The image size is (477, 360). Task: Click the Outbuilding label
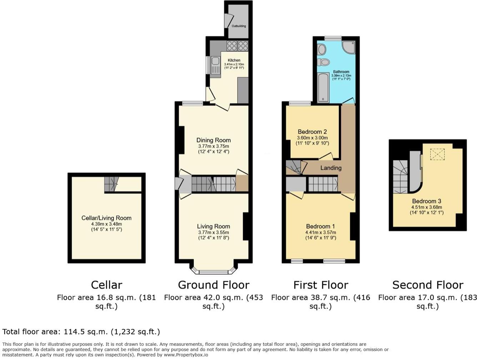pyautogui.click(x=239, y=26)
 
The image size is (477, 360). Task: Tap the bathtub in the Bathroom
pyautogui.click(x=323, y=87)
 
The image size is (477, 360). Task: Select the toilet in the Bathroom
pyautogui.click(x=324, y=62)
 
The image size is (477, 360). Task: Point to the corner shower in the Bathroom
pyautogui.click(x=348, y=47)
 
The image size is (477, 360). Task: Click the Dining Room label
pyautogui.click(x=214, y=140)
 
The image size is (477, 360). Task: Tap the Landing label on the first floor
pyautogui.click(x=331, y=168)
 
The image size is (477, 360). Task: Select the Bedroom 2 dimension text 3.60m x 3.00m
pyautogui.click(x=312, y=138)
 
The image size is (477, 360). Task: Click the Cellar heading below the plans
pyautogui.click(x=106, y=285)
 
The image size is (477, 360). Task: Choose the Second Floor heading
pyautogui.click(x=428, y=285)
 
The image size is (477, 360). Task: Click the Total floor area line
pyautogui.click(x=81, y=332)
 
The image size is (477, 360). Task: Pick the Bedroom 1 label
pyautogui.click(x=320, y=226)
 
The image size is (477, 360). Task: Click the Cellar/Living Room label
pyautogui.click(x=106, y=218)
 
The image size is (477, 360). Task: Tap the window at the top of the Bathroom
pyautogui.click(x=333, y=39)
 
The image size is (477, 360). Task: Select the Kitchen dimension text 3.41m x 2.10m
pyautogui.click(x=234, y=64)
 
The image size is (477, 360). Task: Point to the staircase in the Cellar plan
pyautogui.click(x=111, y=184)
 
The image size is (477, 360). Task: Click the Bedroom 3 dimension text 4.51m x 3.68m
pyautogui.click(x=426, y=207)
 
